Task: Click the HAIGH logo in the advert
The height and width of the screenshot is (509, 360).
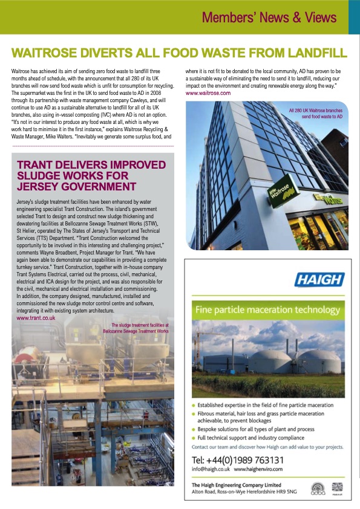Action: tap(319, 280)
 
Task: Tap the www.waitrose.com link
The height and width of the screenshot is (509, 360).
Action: tap(208, 94)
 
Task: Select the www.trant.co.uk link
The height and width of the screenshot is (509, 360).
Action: tap(36, 317)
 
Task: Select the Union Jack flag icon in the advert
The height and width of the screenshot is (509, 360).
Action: tap(337, 487)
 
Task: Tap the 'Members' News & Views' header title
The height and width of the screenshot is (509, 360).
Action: tap(271, 16)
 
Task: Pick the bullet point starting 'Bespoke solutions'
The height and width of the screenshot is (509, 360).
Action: tap(247, 429)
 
